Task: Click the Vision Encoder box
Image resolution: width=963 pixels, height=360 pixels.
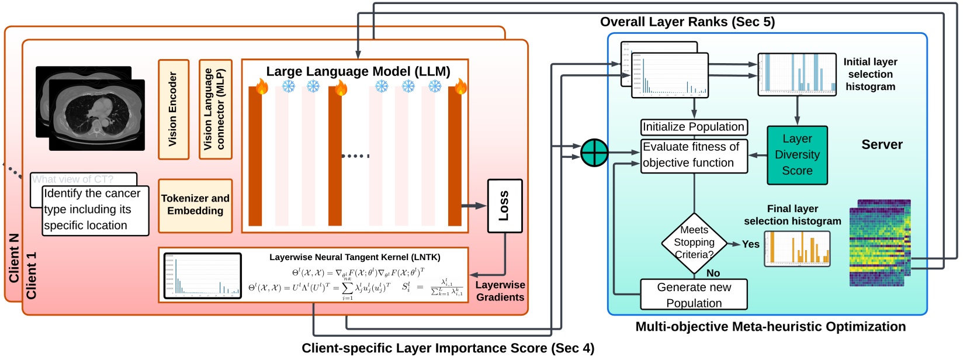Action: tap(174, 109)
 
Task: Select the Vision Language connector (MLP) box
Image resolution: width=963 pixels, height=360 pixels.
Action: tap(215, 109)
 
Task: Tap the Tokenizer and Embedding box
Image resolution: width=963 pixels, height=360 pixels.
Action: tap(195, 205)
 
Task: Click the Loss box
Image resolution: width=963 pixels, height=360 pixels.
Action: tap(504, 206)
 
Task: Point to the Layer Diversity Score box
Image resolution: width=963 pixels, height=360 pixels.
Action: tap(797, 155)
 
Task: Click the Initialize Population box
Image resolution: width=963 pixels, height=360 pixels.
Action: tap(694, 127)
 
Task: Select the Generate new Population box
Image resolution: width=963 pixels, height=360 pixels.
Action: tap(694, 295)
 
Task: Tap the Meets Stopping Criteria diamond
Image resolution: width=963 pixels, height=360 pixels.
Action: tap(694, 243)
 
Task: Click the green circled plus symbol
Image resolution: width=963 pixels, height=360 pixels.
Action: tap(594, 153)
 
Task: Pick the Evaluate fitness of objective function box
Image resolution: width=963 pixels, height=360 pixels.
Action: tap(694, 155)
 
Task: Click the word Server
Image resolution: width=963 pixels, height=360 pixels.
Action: tap(882, 145)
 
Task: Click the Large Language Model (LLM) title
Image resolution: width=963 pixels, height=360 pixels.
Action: tap(358, 71)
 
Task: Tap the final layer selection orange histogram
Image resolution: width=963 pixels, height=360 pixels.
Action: tap(796, 248)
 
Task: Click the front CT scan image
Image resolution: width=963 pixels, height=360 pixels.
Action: tap(96, 115)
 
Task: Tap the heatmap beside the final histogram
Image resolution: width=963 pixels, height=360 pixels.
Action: tap(879, 243)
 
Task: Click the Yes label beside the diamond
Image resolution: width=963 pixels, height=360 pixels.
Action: tap(750, 244)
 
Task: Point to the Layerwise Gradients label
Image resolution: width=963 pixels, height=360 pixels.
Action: tap(500, 291)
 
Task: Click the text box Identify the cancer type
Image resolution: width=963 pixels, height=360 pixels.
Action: tap(95, 210)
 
